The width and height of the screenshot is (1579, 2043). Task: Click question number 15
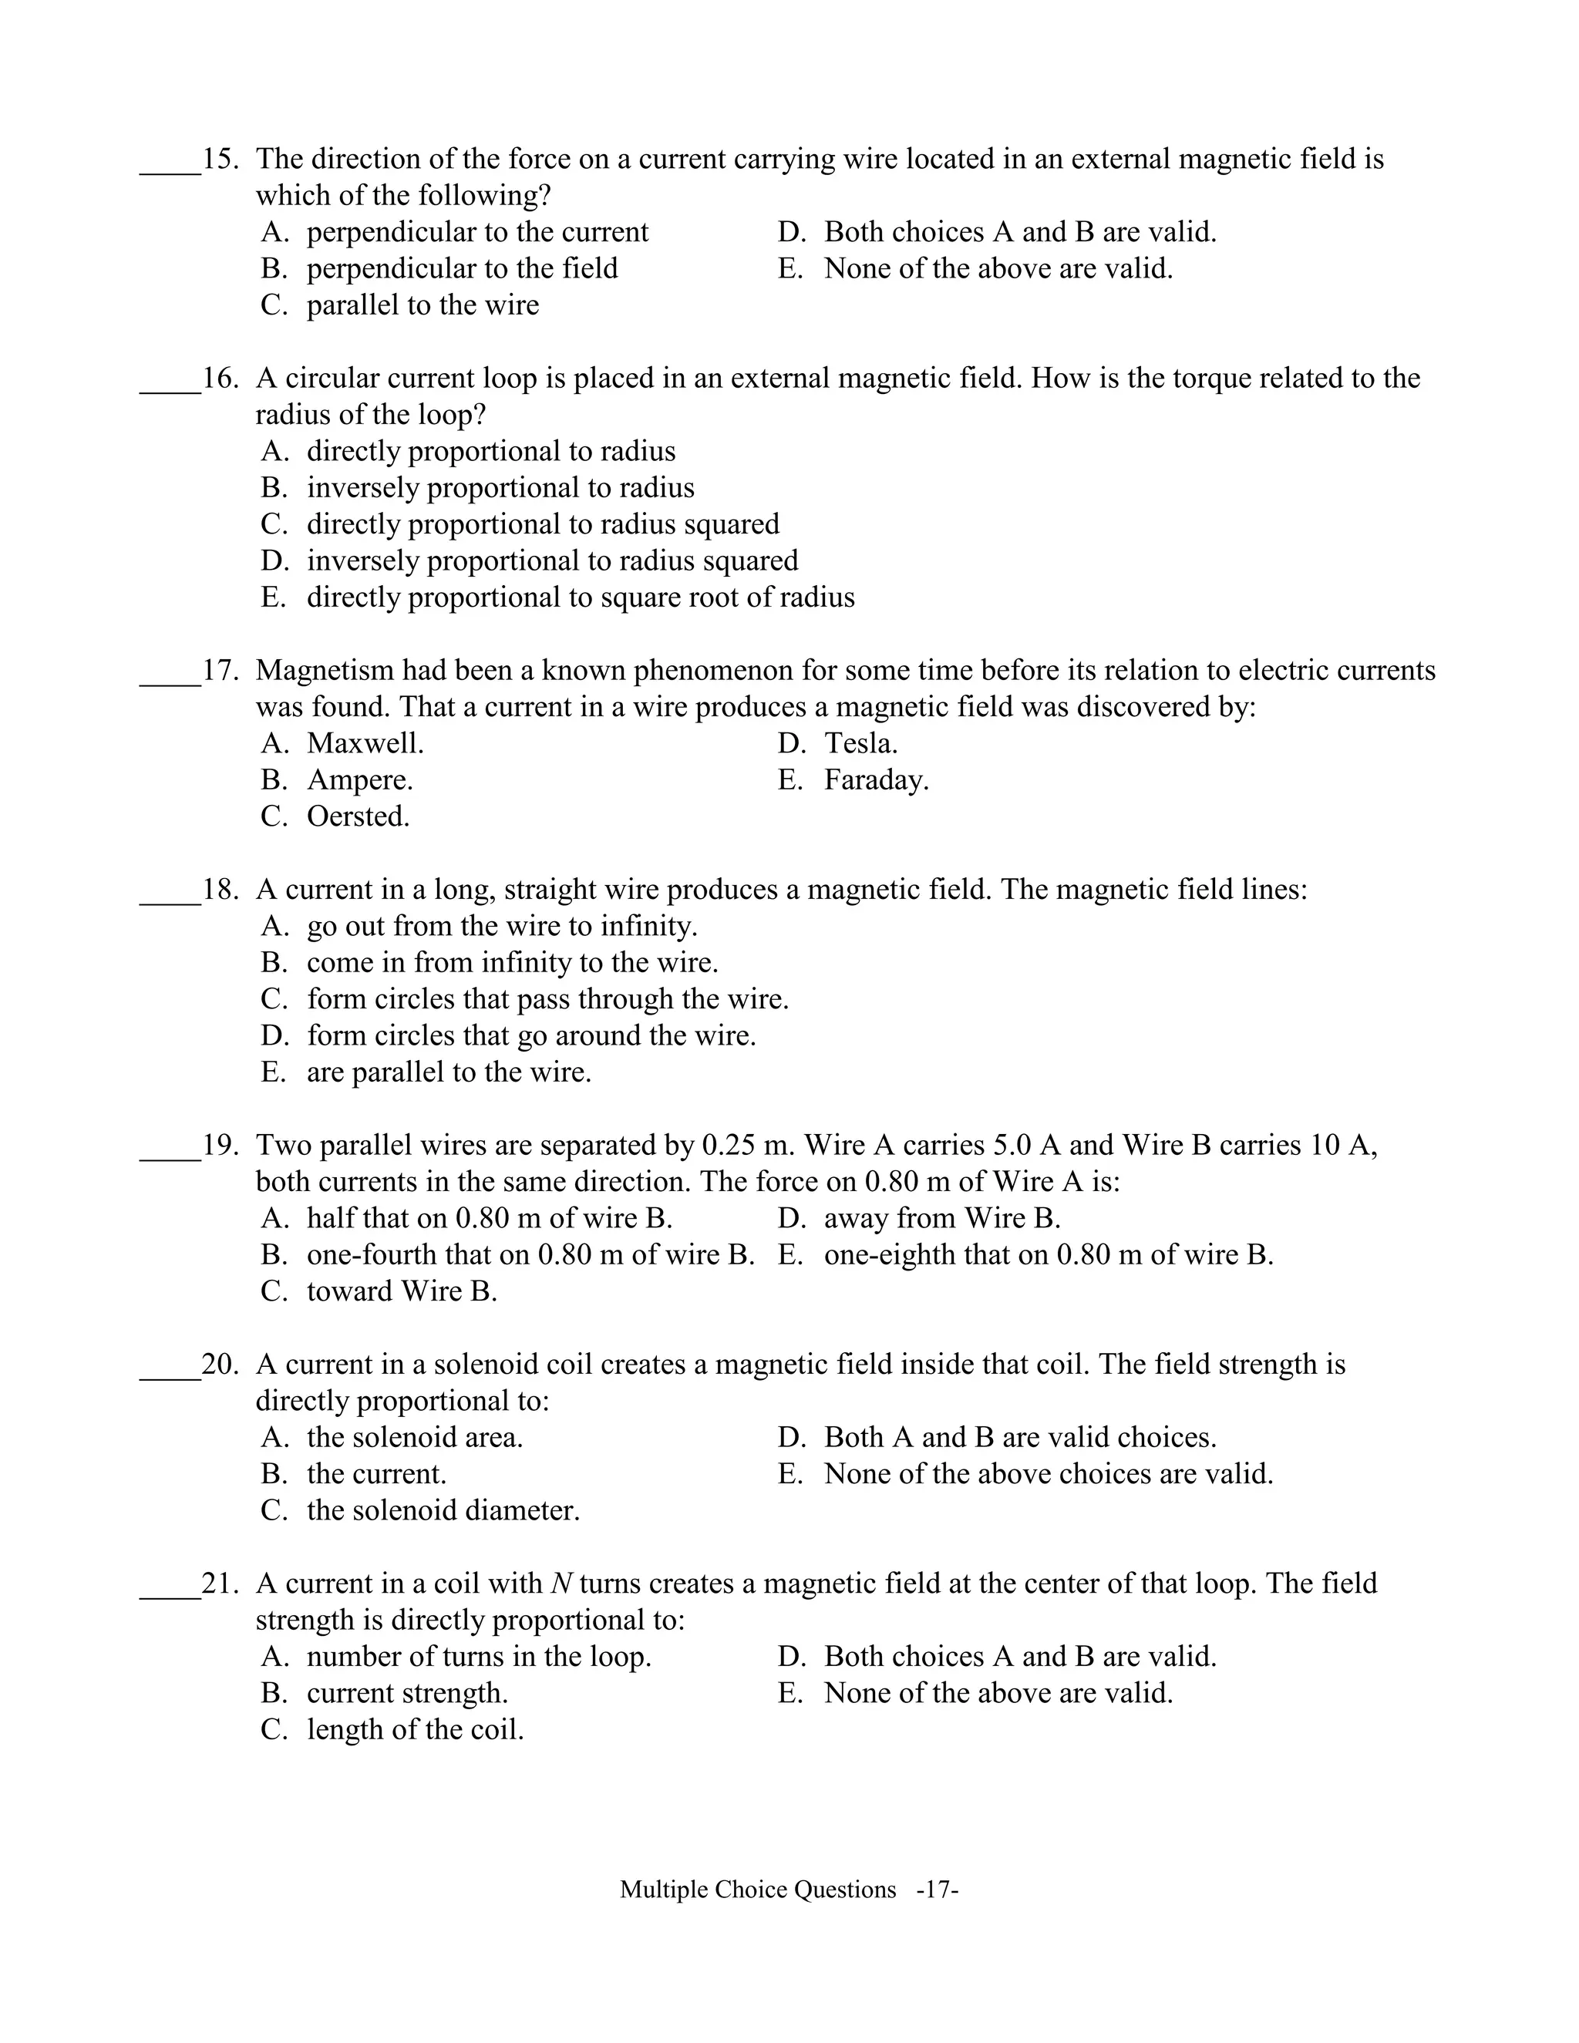(220, 159)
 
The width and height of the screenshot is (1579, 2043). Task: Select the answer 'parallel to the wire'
(422, 305)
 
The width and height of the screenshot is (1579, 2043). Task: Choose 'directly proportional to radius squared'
(543, 523)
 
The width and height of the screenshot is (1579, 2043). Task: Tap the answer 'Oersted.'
(359, 816)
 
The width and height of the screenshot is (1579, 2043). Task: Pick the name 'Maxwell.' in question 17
(365, 744)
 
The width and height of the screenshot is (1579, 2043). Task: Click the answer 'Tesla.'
(860, 744)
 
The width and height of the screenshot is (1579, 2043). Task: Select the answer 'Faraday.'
(876, 780)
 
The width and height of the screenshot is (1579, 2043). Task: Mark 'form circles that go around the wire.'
(530, 1035)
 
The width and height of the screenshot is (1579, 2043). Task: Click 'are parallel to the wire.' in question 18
(449, 1072)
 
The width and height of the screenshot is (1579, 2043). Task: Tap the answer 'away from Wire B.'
(942, 1218)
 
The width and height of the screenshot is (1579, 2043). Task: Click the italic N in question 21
(561, 1584)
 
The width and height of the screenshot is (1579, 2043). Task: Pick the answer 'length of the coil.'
(414, 1730)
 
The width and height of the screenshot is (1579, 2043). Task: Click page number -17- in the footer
(938, 1890)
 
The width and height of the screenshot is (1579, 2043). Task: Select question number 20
(220, 1365)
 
